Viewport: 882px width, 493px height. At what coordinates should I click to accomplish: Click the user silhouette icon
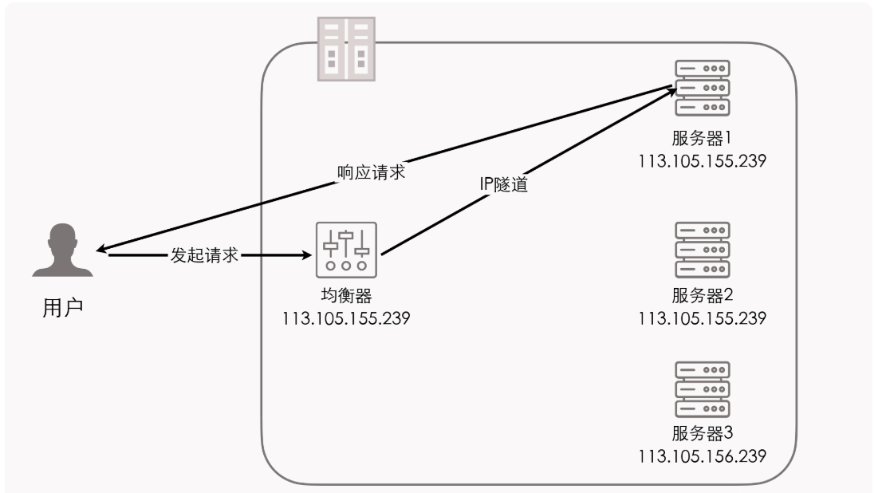tap(63, 250)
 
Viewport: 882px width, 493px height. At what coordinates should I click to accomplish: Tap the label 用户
tap(62, 308)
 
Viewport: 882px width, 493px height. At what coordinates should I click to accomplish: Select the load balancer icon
tap(346, 250)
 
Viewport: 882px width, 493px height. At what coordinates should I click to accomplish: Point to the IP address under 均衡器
tap(346, 319)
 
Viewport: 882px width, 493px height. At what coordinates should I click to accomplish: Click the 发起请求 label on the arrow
tap(205, 257)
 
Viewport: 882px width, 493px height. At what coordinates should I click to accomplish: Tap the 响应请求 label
tap(371, 173)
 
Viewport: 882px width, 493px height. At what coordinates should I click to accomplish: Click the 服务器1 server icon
tap(702, 89)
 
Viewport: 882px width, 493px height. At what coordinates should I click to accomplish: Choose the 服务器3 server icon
tap(702, 388)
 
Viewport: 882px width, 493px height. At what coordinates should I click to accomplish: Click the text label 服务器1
tap(702, 139)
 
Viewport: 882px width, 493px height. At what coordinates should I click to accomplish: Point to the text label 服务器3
tap(702, 434)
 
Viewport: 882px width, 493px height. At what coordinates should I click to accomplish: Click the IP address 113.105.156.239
tap(702, 456)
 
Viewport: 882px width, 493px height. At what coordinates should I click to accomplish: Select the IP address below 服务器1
tap(702, 160)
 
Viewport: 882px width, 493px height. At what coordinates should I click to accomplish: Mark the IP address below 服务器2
tap(702, 319)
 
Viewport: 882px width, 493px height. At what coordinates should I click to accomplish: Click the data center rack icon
tap(346, 48)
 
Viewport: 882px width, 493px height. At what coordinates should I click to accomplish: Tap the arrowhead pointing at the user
tap(101, 249)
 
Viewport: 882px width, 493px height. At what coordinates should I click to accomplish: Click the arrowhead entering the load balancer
tap(306, 256)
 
